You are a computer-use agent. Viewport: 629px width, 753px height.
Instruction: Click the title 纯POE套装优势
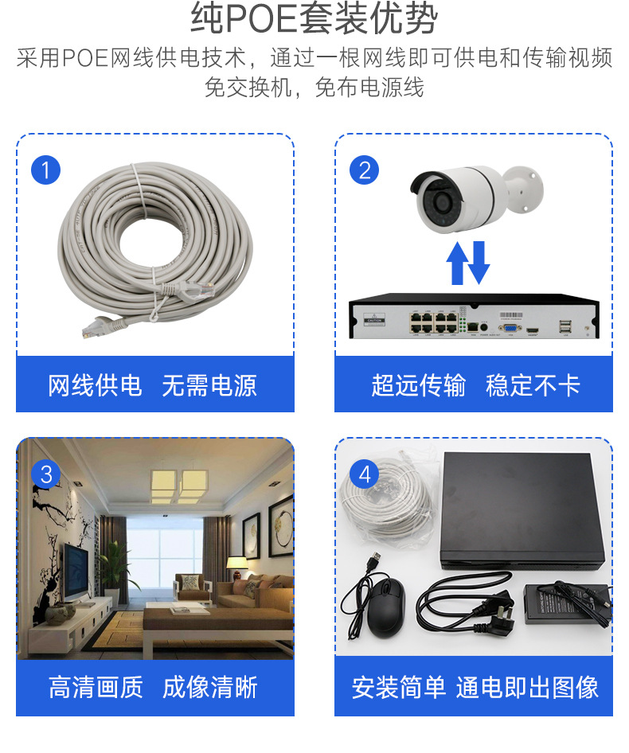point(314,20)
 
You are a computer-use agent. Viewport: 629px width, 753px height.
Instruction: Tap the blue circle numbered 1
point(45,170)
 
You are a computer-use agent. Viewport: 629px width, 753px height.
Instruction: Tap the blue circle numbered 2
point(364,170)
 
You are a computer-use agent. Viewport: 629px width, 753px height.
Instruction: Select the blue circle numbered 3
point(45,474)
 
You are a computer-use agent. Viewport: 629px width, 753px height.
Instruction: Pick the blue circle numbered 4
point(364,474)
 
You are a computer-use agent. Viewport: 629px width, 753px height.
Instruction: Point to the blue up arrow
point(458,263)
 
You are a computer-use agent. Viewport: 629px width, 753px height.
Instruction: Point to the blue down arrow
point(478,263)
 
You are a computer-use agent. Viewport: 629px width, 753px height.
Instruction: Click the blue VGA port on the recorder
point(510,326)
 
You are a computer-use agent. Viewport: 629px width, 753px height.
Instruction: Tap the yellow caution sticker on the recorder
point(373,321)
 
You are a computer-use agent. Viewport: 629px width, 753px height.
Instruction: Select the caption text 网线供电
point(95,385)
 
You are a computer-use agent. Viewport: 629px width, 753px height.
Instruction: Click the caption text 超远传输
point(418,385)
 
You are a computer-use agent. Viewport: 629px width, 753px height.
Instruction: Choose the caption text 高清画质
point(96,687)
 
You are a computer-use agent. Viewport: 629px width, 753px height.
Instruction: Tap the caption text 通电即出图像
point(527,687)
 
